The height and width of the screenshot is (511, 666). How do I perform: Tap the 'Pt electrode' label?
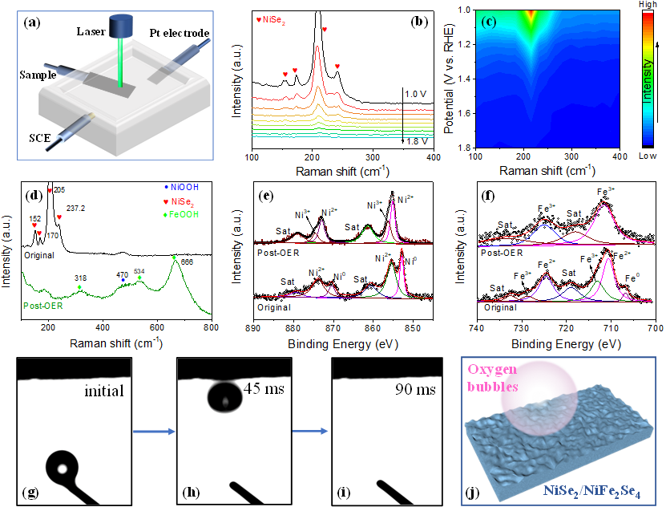coord(179,33)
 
